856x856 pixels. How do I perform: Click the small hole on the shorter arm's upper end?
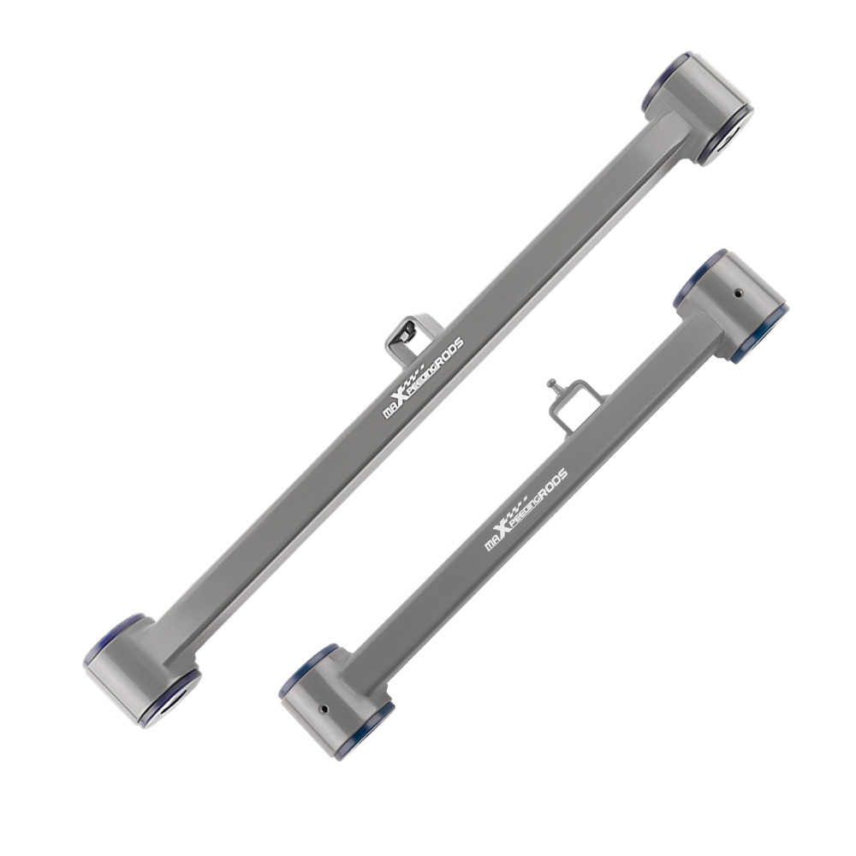point(737,293)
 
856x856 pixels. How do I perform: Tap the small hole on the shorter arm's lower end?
point(324,709)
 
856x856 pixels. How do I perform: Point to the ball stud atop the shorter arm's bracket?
point(550,384)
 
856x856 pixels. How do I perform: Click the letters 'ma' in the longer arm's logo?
point(389,409)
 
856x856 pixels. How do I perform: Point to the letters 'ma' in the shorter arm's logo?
point(492,543)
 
